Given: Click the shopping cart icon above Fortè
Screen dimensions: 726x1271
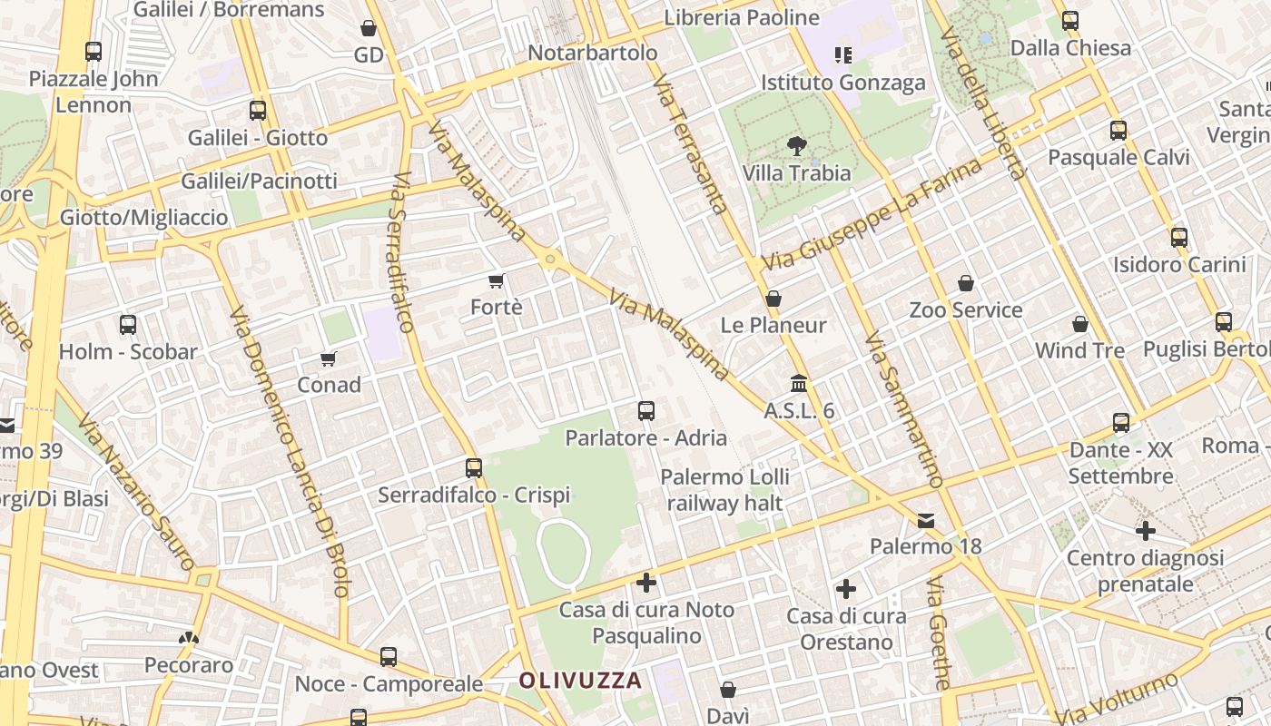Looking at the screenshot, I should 496,280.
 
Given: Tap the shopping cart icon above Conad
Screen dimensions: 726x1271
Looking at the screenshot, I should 329,358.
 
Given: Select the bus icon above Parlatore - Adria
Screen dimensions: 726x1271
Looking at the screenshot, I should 645,411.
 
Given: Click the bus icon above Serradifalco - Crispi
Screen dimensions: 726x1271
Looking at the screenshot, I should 473,468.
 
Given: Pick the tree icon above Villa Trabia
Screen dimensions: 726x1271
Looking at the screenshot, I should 796,145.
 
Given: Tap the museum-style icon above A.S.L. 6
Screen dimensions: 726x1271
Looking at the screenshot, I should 799,384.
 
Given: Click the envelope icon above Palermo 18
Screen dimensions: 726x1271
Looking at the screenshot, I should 925,520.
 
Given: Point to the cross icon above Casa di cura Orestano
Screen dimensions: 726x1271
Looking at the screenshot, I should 845,589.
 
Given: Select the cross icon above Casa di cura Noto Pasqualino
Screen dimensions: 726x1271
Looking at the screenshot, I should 645,582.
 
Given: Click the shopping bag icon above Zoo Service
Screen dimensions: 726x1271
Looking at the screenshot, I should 966,283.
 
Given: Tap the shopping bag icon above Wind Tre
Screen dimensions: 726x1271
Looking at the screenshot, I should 1079,324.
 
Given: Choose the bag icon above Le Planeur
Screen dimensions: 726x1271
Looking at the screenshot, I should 773,298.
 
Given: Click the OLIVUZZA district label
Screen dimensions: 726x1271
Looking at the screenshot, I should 580,680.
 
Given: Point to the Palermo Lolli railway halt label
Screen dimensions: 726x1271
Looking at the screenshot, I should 724,490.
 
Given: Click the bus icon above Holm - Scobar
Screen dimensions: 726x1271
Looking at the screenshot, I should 128,324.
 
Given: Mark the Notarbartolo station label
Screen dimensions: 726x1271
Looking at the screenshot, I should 592,53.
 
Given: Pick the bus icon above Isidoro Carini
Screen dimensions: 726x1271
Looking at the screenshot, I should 1178,238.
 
